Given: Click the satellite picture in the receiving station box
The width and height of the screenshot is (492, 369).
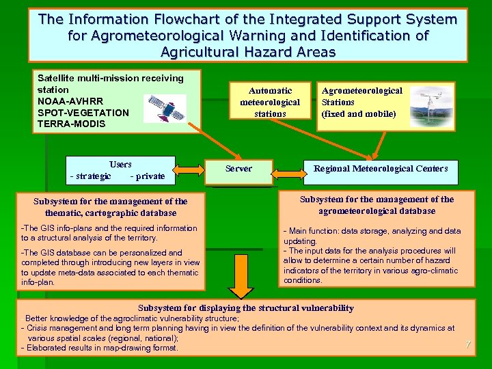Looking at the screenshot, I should (x=164, y=109).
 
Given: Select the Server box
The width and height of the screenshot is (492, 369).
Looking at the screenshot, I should (x=238, y=169).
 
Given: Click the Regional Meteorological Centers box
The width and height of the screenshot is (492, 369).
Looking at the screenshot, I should (x=381, y=169).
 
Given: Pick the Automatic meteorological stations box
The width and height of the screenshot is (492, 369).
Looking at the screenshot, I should (x=270, y=102).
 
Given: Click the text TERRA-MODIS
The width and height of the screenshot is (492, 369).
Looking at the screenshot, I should (x=72, y=124).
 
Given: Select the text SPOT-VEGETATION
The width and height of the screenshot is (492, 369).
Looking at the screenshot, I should (x=83, y=113).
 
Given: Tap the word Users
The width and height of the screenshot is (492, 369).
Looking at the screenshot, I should (x=120, y=165).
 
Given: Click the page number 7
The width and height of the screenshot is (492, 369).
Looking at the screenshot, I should (x=468, y=344).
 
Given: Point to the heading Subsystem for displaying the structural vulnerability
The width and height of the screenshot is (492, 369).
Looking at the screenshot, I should (x=246, y=308).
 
